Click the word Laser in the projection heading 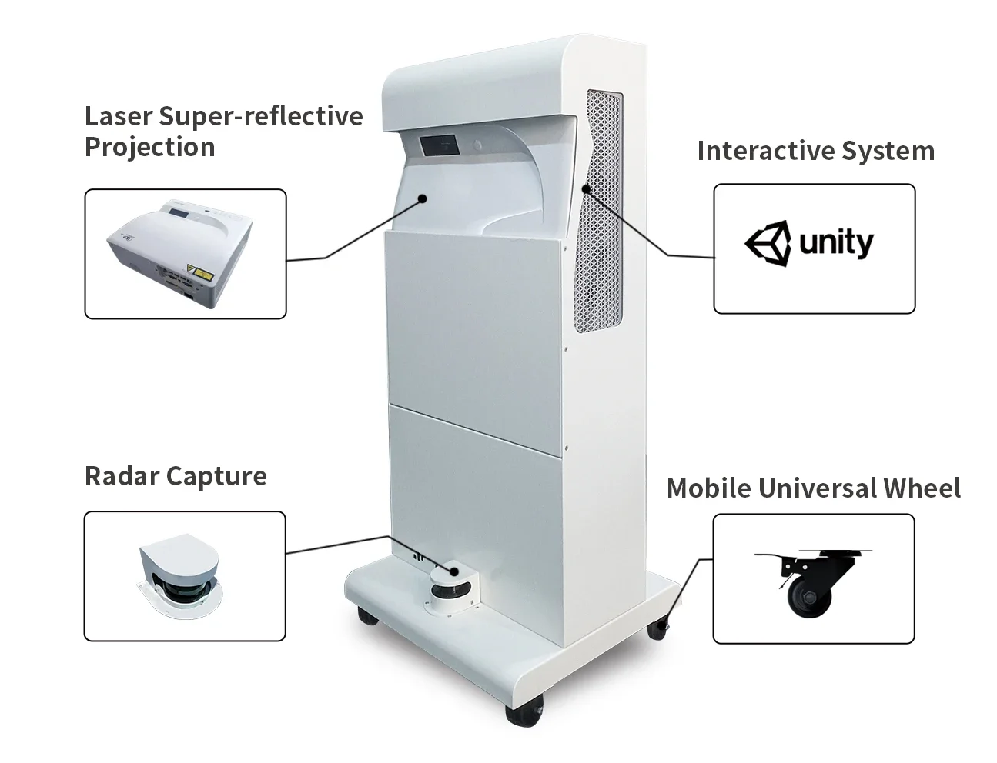coord(119,116)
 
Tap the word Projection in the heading coord(149,148)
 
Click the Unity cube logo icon coord(768,243)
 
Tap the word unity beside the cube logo coord(836,243)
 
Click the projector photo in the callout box coord(180,253)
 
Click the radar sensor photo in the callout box coord(180,576)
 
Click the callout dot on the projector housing coord(423,198)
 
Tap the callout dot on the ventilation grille coord(586,188)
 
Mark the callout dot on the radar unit coord(454,571)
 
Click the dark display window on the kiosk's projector coord(440,145)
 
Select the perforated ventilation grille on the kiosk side coord(599,211)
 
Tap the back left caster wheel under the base coord(367,615)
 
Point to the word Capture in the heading coord(216,477)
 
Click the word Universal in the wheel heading coord(824,488)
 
